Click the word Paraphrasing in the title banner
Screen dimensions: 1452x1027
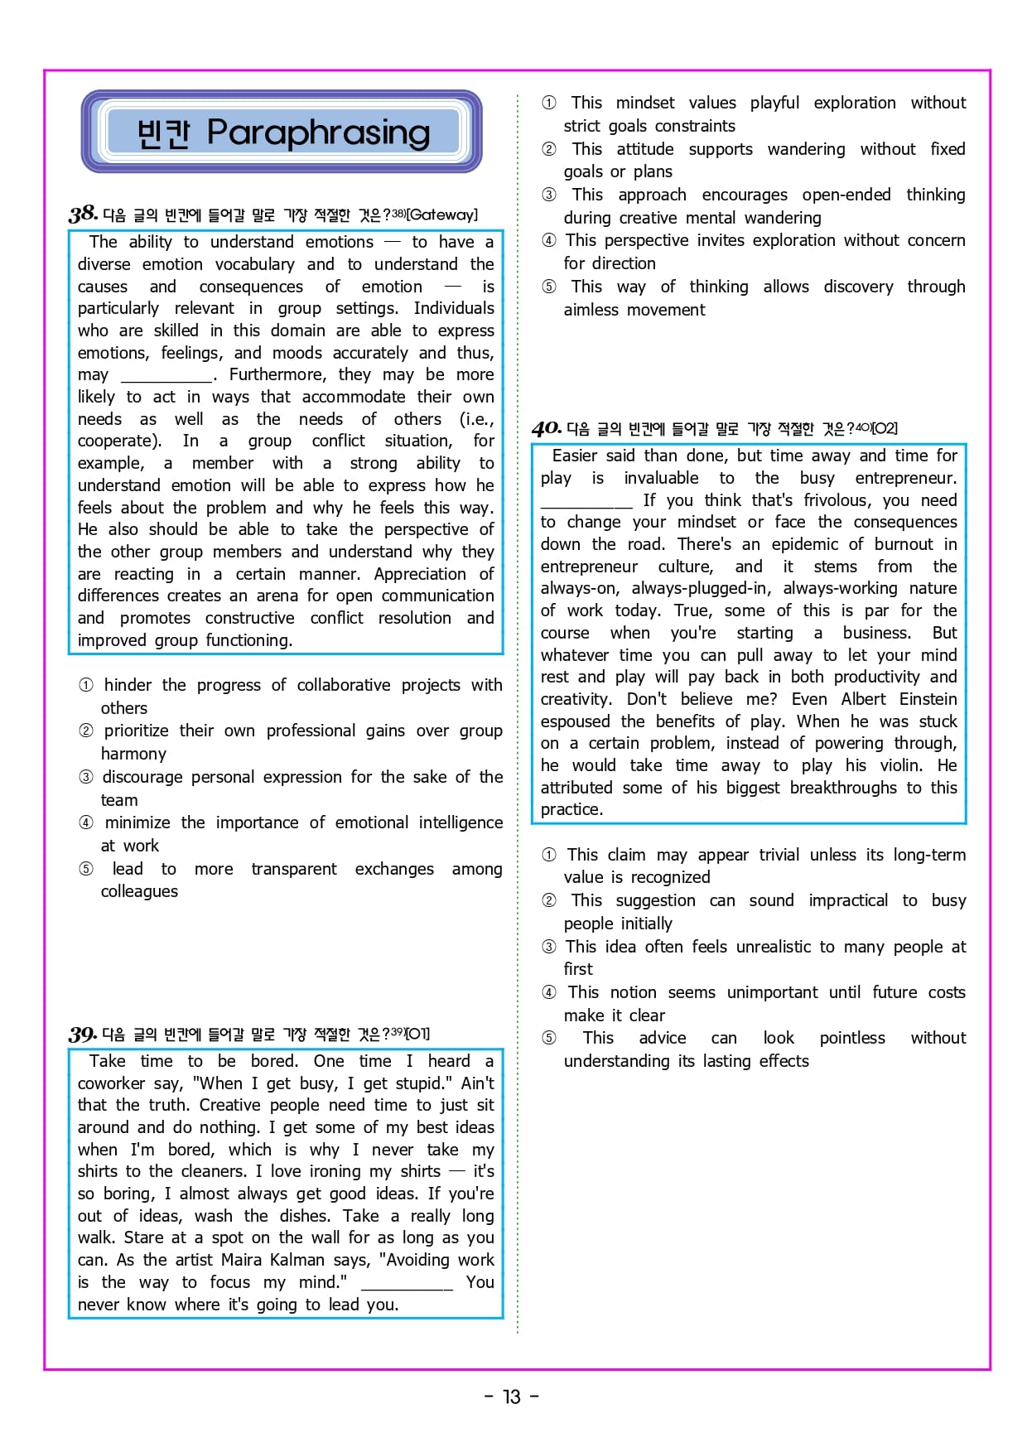[x=319, y=132]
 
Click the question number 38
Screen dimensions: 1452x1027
[x=83, y=214]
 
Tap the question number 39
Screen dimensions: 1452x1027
[x=83, y=1034]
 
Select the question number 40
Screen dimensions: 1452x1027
[x=547, y=428]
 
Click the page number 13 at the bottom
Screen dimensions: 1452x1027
[x=512, y=1397]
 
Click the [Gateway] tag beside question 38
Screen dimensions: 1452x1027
[x=442, y=215]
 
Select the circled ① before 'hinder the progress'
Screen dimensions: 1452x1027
[x=86, y=685]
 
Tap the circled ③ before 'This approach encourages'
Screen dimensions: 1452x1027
[x=549, y=195]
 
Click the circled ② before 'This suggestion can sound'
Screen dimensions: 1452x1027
[x=549, y=900]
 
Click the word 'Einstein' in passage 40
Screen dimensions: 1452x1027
[x=928, y=699]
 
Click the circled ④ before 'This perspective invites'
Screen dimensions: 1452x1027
[x=549, y=240]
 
